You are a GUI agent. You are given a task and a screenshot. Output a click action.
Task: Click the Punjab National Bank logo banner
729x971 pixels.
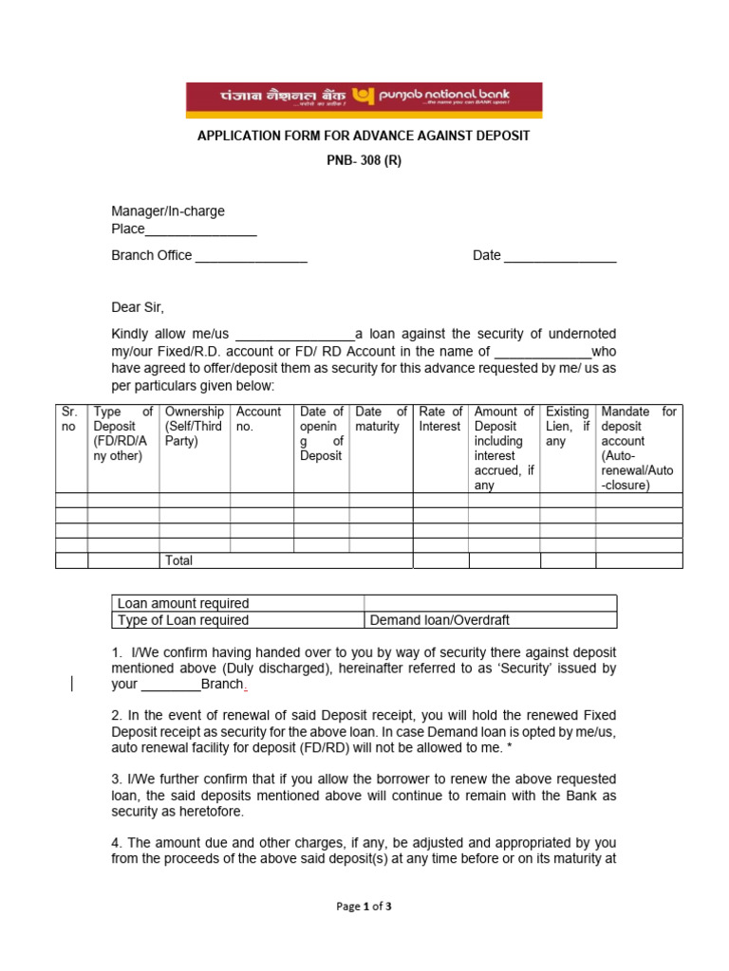tap(364, 100)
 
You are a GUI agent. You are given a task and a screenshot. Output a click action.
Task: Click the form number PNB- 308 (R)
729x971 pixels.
tap(364, 160)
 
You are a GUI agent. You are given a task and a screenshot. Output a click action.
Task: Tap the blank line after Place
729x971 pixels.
tap(201, 230)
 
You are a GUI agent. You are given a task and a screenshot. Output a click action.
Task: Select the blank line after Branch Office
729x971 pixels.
tap(251, 256)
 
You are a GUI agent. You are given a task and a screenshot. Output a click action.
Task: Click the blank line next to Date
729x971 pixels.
tap(560, 256)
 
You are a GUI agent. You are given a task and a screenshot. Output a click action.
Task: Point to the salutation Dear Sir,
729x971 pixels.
tap(138, 307)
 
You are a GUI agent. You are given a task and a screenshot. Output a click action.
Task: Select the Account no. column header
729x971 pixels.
tap(258, 419)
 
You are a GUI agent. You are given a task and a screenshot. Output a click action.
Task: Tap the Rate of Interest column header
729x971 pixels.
tap(440, 419)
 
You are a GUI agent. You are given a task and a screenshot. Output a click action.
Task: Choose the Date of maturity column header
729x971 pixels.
tap(381, 419)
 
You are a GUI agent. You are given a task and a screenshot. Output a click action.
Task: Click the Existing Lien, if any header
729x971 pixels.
tap(568, 426)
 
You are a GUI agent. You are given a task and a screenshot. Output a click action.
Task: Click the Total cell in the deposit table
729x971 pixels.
tap(179, 560)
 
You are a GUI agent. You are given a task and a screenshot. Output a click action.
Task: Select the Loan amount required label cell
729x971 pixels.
tap(182, 603)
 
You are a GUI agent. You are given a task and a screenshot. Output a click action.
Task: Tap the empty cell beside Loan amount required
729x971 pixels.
tap(490, 603)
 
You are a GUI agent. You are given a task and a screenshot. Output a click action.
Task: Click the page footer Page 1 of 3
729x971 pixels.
tap(364, 907)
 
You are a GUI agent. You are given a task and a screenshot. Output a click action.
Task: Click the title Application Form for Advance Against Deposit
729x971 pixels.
tap(364, 136)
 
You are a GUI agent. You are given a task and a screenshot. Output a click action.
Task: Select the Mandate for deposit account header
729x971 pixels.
tap(639, 448)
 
